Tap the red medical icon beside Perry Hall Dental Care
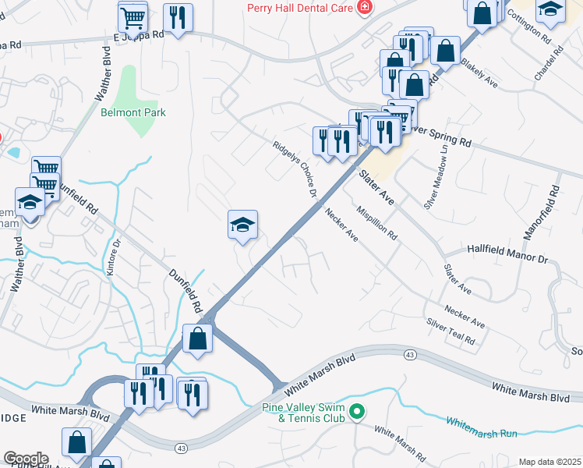click(x=363, y=8)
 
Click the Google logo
click(x=25, y=459)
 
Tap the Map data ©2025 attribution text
click(x=549, y=462)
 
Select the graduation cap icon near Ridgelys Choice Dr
click(x=242, y=225)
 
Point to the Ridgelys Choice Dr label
click(x=295, y=168)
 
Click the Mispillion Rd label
click(x=376, y=222)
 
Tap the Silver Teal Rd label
click(x=450, y=331)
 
